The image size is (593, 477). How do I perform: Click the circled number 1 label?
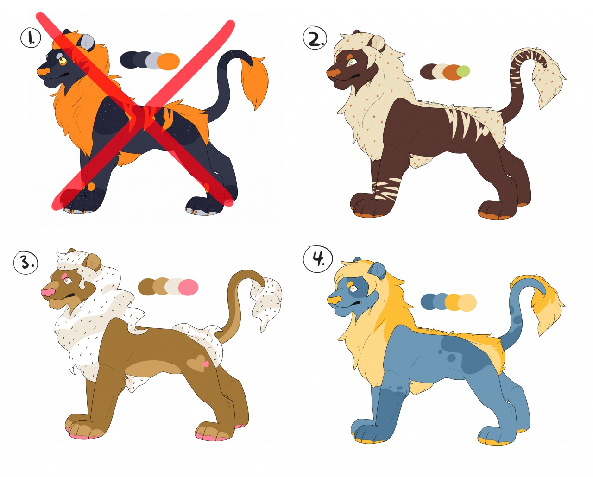tap(31, 38)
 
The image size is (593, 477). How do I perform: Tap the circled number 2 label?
tap(315, 38)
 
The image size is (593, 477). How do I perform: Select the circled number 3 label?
tap(25, 263)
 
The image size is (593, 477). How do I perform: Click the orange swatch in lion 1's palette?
tap(169, 62)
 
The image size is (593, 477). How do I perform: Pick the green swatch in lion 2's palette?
tap(463, 71)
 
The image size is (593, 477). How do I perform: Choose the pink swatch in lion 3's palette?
tap(189, 287)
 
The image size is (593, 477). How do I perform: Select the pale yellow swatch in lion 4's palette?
tap(467, 302)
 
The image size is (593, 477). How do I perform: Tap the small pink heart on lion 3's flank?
tap(205, 364)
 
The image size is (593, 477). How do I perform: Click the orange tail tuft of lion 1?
tap(255, 82)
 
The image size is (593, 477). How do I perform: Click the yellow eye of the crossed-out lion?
tap(63, 60)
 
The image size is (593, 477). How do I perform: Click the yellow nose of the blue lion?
tap(334, 300)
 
